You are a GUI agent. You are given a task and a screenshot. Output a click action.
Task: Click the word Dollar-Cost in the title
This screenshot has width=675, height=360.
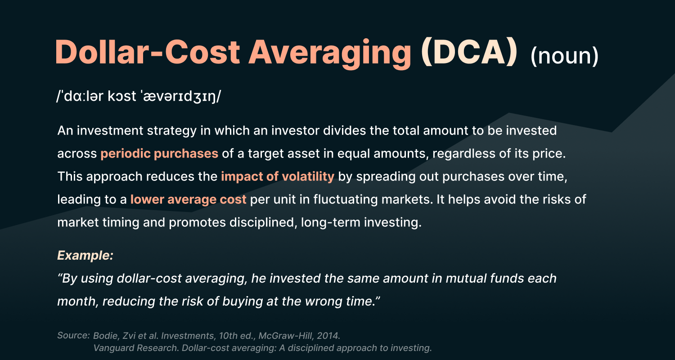point(148,52)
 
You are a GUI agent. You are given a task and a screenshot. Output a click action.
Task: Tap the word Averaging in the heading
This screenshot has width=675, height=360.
point(330,54)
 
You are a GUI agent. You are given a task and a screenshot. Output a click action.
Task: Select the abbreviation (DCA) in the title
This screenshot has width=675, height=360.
point(469,52)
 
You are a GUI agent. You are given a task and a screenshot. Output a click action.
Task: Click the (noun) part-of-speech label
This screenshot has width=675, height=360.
point(564,56)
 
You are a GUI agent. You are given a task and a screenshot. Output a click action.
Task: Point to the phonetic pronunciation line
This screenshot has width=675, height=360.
point(139,96)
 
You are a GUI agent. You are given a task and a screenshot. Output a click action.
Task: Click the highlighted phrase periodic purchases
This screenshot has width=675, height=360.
point(159,153)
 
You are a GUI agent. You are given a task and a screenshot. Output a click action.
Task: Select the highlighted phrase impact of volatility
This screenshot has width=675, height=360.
point(278,176)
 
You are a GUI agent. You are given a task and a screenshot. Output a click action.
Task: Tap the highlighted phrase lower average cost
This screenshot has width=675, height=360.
point(189,199)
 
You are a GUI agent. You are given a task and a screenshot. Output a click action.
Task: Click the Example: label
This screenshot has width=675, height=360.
point(85,256)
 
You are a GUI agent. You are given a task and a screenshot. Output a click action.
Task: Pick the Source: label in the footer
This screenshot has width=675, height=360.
point(73,335)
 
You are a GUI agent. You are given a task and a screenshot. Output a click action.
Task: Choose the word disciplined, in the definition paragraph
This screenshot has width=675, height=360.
point(263,222)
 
